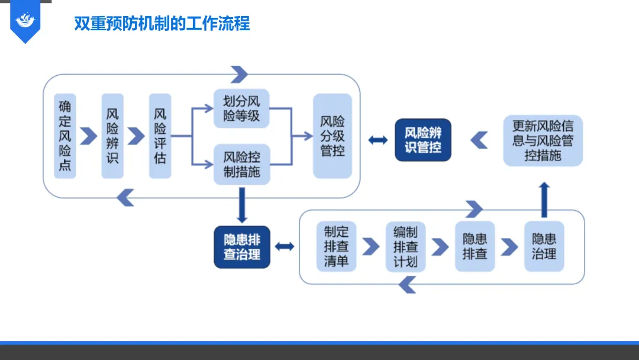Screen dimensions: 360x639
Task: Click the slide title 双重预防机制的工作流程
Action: [x=162, y=24]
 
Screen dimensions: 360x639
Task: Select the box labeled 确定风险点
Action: [x=65, y=136]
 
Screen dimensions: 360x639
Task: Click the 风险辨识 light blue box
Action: [x=112, y=136]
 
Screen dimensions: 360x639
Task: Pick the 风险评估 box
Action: [x=160, y=136]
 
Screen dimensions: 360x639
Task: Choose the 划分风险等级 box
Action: [x=241, y=108]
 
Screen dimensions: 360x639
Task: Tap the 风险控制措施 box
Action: [x=241, y=165]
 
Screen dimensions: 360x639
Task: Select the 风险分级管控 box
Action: [x=332, y=136]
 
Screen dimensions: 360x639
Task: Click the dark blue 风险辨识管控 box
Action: [x=423, y=140]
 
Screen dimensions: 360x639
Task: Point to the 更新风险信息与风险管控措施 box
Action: [x=543, y=140]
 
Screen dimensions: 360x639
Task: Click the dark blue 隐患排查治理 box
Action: [x=242, y=247]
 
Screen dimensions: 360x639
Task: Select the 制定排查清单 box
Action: [x=336, y=246]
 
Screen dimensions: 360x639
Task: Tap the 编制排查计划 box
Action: [x=405, y=246]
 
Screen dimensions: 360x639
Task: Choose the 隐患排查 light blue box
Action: [x=475, y=246]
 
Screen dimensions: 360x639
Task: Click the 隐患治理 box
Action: [x=544, y=246]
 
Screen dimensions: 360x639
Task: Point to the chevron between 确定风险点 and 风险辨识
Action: [x=89, y=136]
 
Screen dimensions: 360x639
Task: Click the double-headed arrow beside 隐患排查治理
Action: [x=285, y=246]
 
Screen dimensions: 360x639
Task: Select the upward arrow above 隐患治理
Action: [x=544, y=200]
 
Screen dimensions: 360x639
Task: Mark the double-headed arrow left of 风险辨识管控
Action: [x=377, y=140]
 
